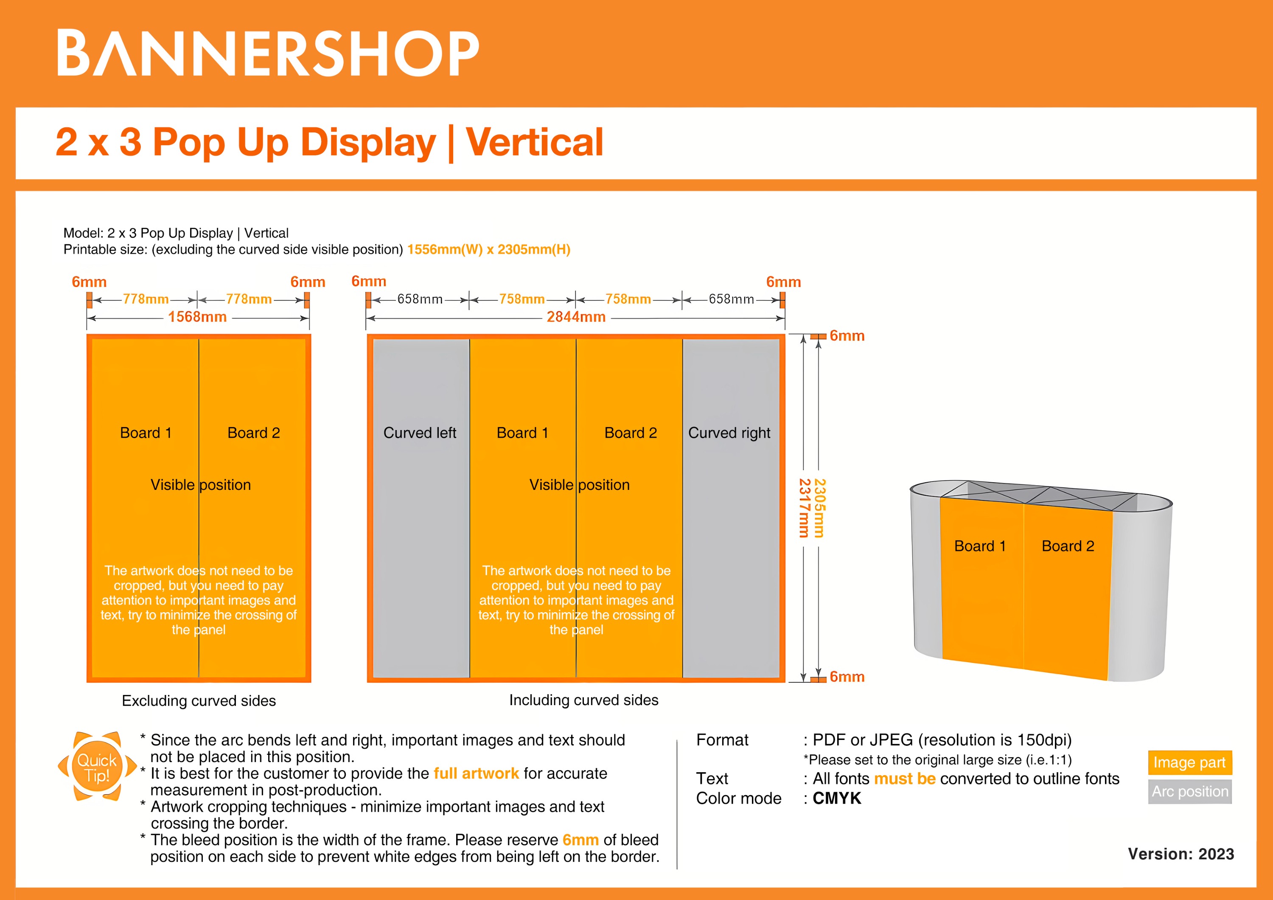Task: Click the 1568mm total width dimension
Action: click(197, 317)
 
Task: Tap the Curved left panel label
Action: click(420, 433)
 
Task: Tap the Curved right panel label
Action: click(729, 433)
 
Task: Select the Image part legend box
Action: click(1189, 762)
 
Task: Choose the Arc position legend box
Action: click(1190, 791)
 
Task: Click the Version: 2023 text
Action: click(1181, 854)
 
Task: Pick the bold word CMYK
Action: click(837, 799)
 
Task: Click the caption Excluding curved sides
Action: click(199, 701)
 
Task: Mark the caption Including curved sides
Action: click(584, 700)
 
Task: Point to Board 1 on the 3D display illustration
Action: click(980, 546)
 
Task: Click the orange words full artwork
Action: click(476, 773)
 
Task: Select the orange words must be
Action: click(905, 779)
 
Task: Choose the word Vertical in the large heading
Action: click(534, 143)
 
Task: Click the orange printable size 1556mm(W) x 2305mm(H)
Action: click(488, 250)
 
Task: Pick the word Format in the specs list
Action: click(722, 740)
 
